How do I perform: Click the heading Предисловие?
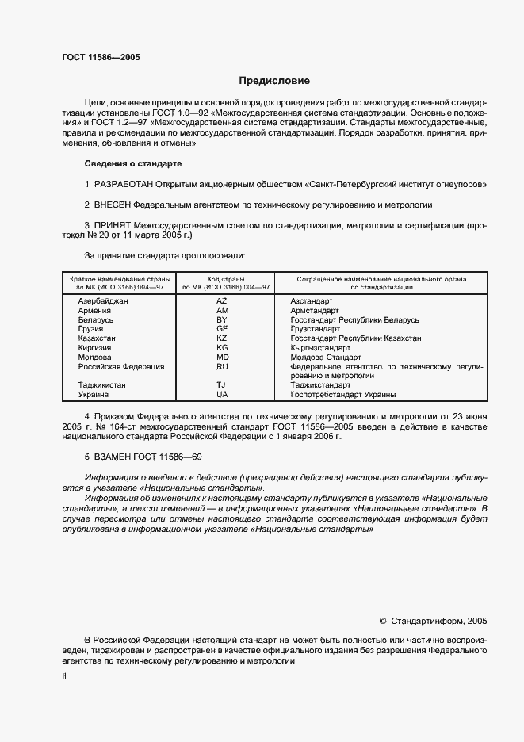click(275, 81)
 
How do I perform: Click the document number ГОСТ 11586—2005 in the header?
click(101, 57)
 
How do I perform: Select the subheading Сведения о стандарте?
click(133, 163)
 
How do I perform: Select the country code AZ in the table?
click(222, 302)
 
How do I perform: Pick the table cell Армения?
click(94, 311)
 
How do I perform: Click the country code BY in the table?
click(222, 320)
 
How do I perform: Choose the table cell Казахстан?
click(97, 338)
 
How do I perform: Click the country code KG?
click(222, 348)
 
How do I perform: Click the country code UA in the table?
click(222, 394)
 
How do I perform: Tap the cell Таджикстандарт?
click(326, 384)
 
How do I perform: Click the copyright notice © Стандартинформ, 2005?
click(434, 622)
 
